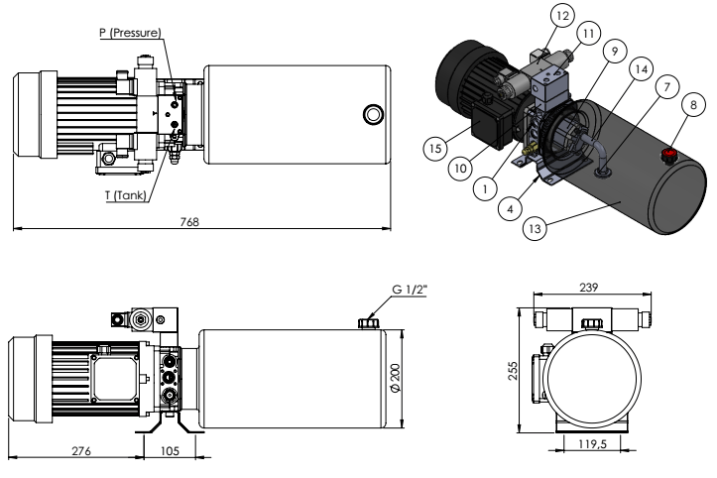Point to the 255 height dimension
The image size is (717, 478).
pos(513,369)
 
